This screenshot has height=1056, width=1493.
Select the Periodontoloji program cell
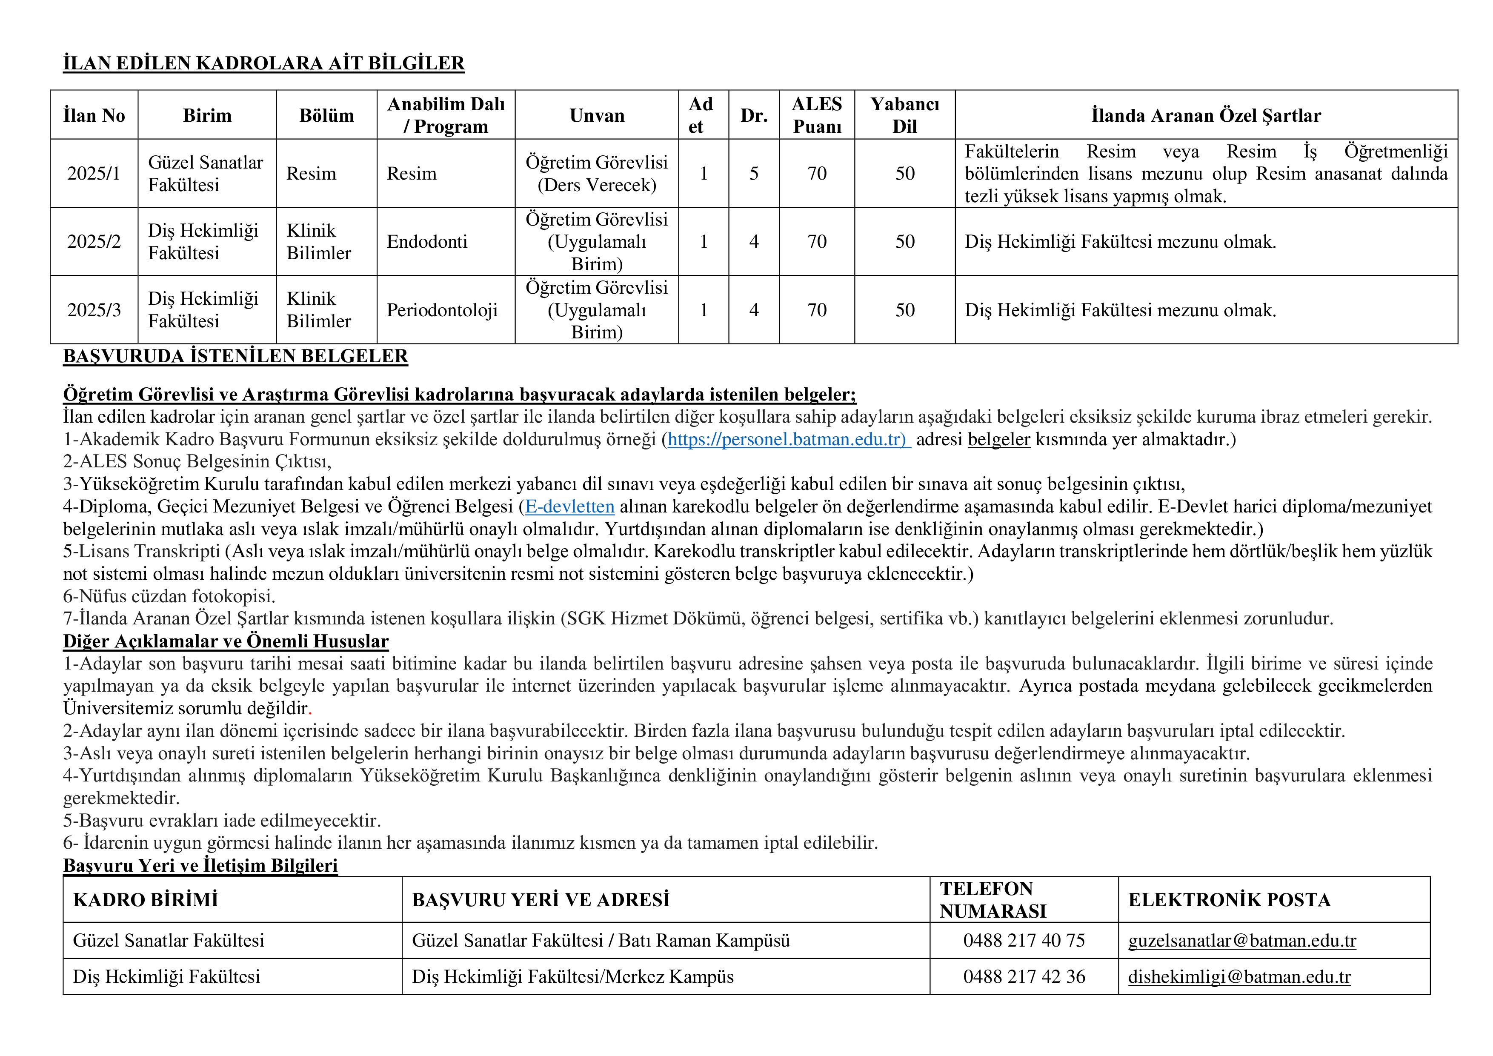442,310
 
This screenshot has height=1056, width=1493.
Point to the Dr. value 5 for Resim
754,174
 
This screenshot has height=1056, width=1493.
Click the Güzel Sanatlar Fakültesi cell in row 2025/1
206,174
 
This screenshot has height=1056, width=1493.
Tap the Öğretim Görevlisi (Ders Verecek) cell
596,174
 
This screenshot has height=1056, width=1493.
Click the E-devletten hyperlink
569,507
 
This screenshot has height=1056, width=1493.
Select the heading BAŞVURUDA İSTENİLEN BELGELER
235,356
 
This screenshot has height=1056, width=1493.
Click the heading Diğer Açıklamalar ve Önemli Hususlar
226,642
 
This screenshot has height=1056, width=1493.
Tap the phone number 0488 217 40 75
1024,941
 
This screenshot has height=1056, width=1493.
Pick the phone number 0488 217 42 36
1024,977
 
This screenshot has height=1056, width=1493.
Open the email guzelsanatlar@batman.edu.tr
1242,941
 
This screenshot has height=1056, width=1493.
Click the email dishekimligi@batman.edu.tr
1239,977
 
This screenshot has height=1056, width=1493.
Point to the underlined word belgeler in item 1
999,440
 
